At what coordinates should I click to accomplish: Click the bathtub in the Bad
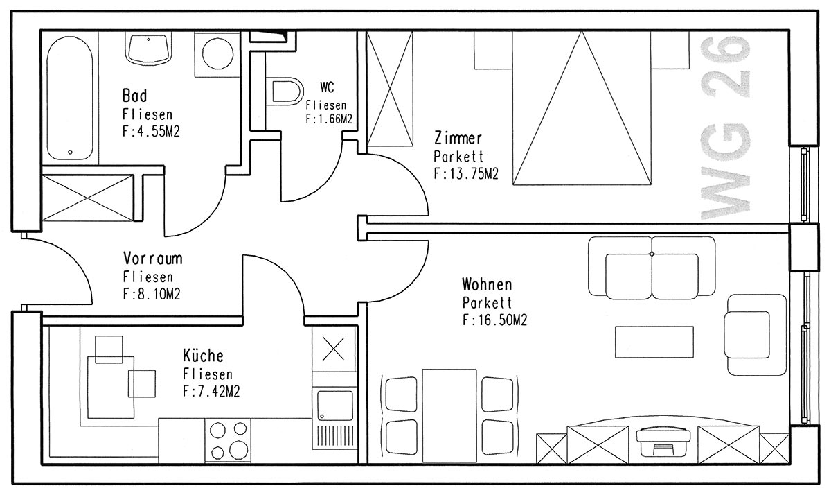point(70,98)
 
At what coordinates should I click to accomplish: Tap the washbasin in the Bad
point(148,48)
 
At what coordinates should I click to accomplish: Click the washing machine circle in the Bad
point(217,53)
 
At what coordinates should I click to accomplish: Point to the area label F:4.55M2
point(151,132)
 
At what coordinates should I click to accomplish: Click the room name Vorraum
point(153,259)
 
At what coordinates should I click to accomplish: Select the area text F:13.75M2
point(466,174)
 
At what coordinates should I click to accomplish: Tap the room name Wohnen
point(487,284)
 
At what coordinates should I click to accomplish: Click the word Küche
point(203,356)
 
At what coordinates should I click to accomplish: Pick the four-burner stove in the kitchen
point(228,440)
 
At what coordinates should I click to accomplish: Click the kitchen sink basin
point(335,405)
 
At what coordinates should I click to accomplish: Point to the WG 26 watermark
point(725,128)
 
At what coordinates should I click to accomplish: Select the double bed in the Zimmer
point(582,107)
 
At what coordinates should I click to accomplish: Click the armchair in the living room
point(756,335)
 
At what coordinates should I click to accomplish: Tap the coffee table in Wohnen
point(654,342)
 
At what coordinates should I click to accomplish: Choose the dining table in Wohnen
point(449,415)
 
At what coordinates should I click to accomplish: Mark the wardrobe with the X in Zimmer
point(389,89)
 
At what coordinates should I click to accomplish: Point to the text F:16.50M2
point(494,320)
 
